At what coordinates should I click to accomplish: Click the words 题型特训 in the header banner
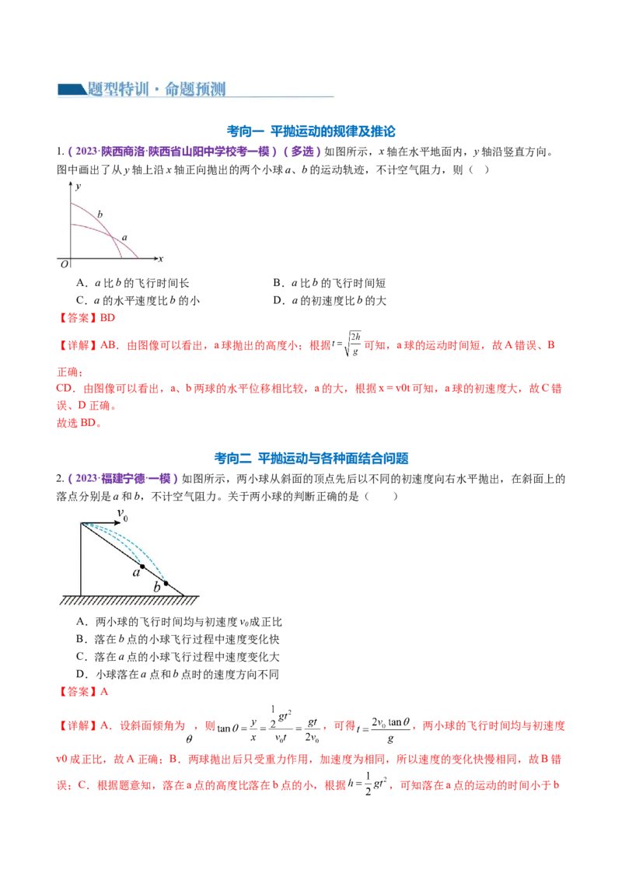point(116,89)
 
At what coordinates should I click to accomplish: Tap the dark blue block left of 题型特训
point(72,90)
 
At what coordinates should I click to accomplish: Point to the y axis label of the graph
point(79,187)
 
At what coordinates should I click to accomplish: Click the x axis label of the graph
point(161,258)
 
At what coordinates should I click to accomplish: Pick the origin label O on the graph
point(64,264)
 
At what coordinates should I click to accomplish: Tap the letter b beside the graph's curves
point(100,213)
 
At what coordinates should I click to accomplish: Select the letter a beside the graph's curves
point(124,236)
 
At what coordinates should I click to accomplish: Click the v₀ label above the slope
point(122,513)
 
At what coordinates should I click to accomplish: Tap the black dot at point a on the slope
point(142,567)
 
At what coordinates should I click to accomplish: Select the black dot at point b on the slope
point(166,582)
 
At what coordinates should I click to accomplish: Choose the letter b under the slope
point(157,588)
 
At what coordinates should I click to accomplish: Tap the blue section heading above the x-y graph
point(311,133)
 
